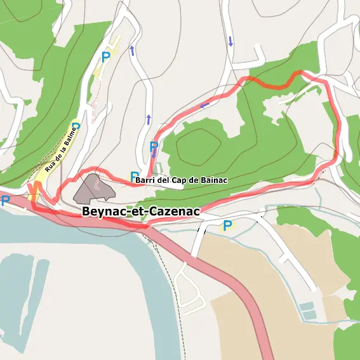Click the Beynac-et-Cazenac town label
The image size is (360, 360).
141,211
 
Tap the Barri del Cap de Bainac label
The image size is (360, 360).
181,180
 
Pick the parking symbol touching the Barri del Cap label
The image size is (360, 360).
134,176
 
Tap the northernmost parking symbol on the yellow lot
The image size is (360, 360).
106,57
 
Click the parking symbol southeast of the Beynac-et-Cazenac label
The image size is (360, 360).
227,225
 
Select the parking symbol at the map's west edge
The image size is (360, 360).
6,201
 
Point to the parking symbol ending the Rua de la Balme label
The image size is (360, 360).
76,126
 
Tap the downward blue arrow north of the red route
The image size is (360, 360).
230,42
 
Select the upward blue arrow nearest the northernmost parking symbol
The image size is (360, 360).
132,51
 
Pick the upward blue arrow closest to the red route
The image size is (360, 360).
149,119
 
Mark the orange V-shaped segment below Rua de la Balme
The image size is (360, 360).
34,189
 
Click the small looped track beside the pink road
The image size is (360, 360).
188,289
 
